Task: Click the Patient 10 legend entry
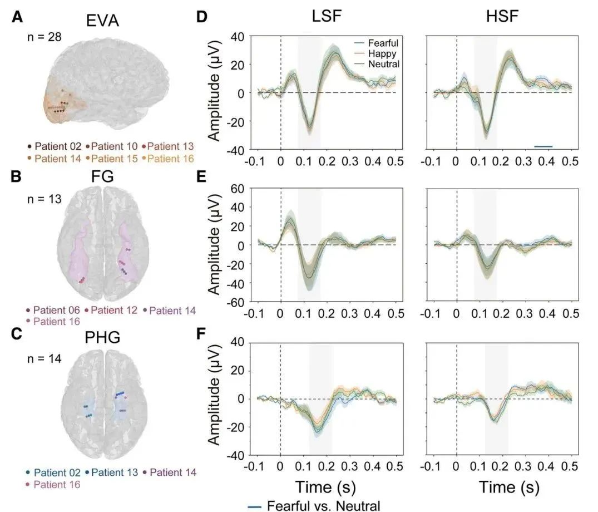112,146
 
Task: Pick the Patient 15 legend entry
112,159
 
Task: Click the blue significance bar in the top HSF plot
543,147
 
